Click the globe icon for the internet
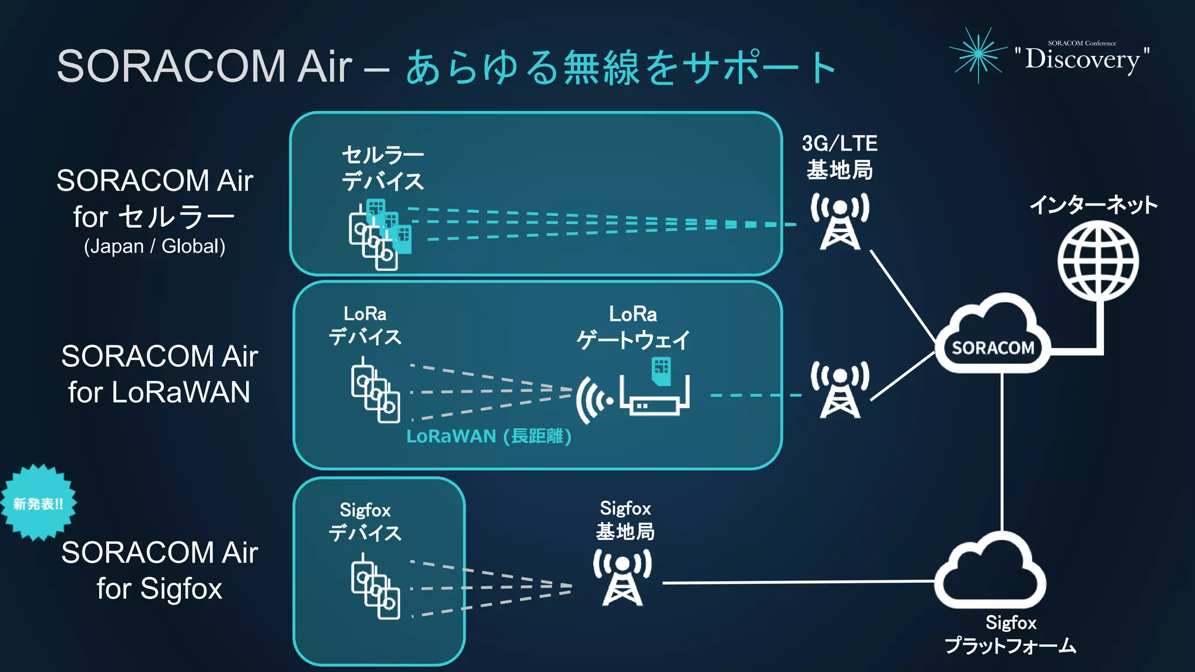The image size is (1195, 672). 1098,262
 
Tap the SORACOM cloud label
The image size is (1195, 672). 993,348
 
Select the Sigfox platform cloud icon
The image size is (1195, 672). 990,572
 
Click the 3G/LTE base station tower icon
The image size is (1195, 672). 840,222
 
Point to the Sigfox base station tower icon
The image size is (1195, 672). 622,577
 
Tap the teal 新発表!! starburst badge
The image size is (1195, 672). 39,503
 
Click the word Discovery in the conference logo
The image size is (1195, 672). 1082,59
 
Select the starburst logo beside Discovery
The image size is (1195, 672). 979,54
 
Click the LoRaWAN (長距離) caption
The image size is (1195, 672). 488,436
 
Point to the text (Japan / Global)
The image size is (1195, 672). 155,246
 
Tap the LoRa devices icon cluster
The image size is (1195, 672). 375,391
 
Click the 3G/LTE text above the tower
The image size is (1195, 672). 839,143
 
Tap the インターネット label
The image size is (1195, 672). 1093,205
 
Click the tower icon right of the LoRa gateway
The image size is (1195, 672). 840,390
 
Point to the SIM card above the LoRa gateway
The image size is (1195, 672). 661,370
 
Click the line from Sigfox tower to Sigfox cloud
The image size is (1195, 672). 799,582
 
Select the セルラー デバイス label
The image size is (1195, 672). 382,168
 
